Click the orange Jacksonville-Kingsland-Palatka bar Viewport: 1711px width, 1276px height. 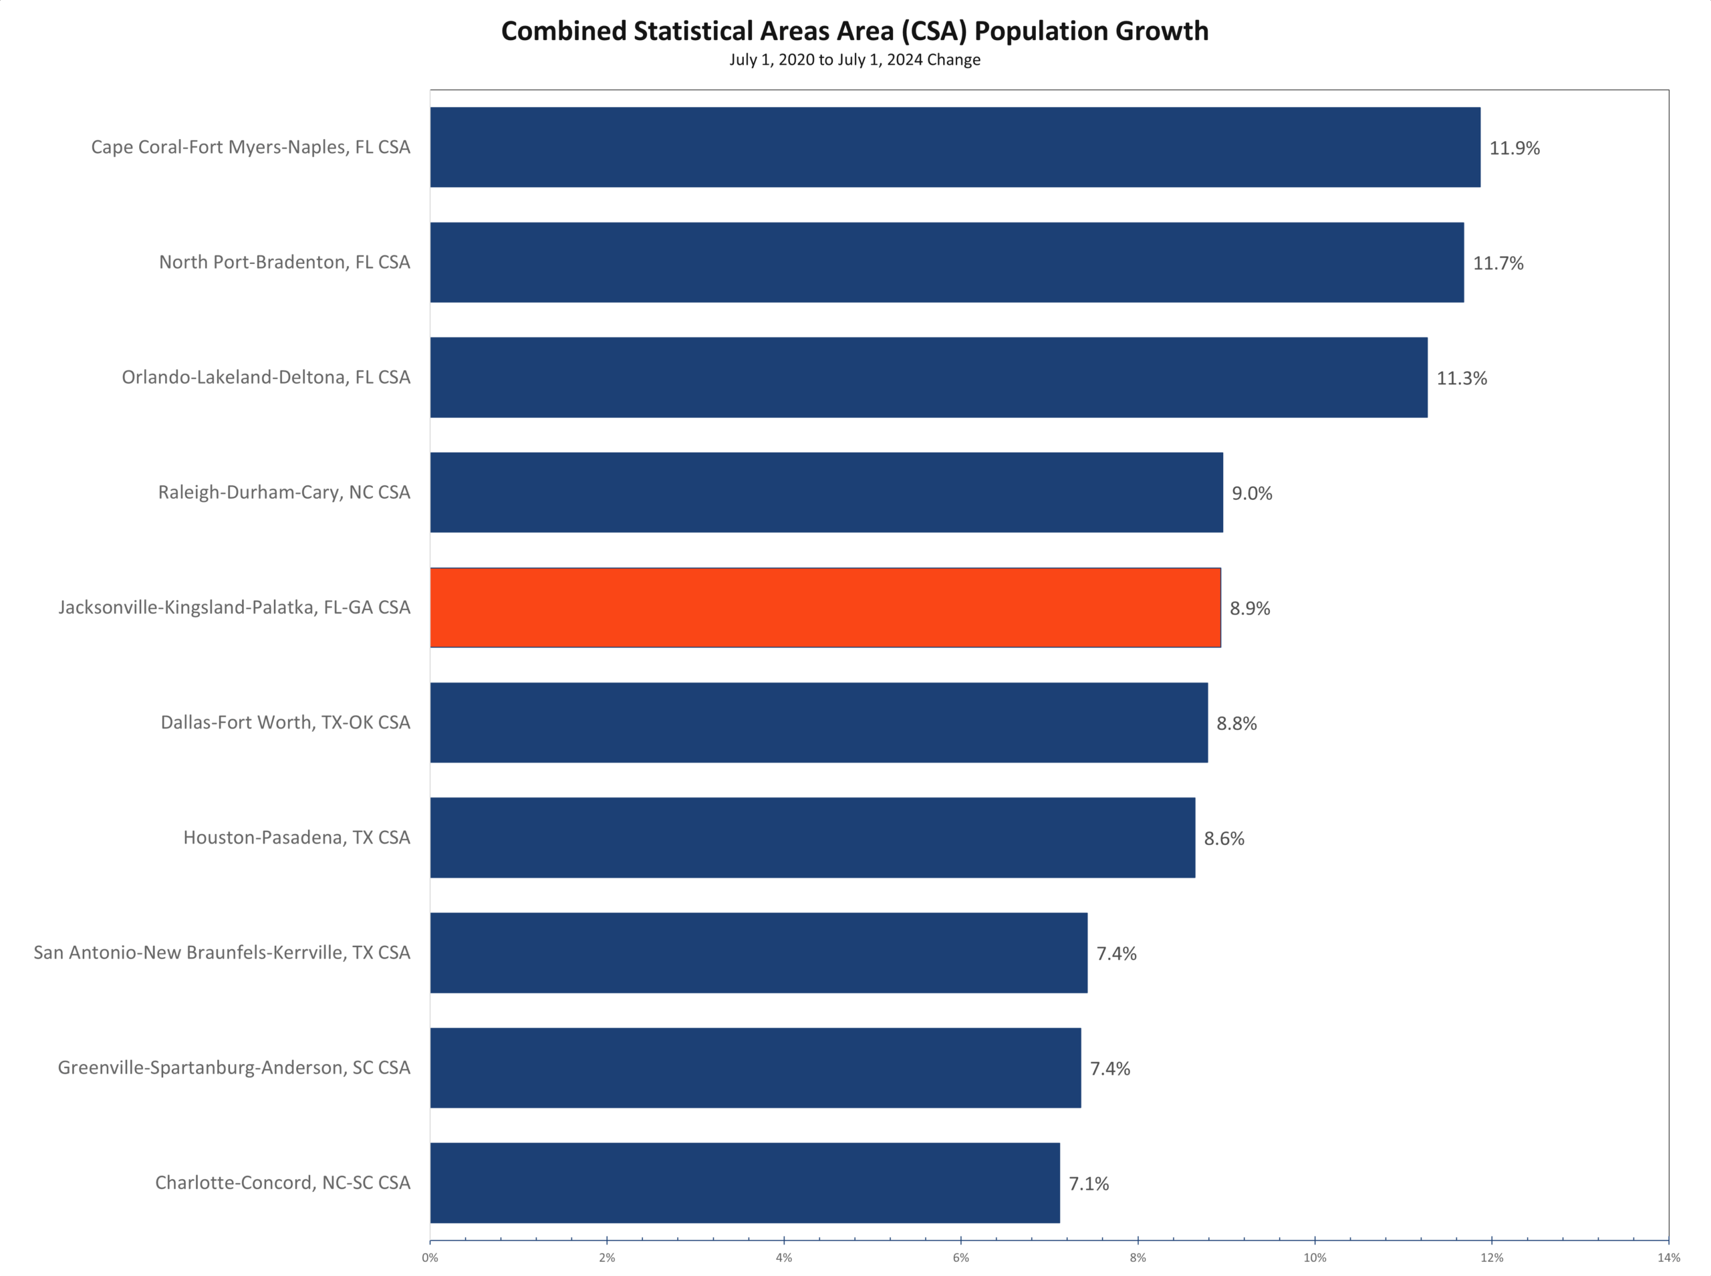click(x=825, y=607)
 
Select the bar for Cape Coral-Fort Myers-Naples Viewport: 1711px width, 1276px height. click(x=954, y=147)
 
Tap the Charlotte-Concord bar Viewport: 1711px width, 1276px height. click(x=745, y=1182)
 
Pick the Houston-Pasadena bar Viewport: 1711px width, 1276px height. click(x=812, y=838)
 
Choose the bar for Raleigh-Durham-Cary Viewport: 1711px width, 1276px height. click(x=826, y=492)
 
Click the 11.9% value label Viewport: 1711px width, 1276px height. click(x=1513, y=148)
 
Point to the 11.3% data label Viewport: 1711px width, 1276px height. click(x=1461, y=378)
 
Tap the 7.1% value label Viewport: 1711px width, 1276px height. click(x=1088, y=1184)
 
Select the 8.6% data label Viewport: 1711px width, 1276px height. click(x=1224, y=839)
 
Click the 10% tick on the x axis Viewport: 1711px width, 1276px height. click(x=1314, y=1257)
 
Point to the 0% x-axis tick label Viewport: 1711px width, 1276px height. click(x=430, y=1257)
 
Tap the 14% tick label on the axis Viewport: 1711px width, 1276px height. click(x=1668, y=1257)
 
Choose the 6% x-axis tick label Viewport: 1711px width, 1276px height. click(x=960, y=1257)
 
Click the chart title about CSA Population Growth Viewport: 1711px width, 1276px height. click(x=855, y=31)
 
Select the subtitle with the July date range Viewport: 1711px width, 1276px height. click(x=855, y=60)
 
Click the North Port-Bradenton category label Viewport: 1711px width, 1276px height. click(x=284, y=262)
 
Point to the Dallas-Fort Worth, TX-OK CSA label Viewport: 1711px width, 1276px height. click(x=285, y=722)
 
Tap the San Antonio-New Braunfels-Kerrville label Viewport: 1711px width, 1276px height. click(x=222, y=952)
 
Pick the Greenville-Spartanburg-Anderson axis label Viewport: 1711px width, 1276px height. click(x=234, y=1067)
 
